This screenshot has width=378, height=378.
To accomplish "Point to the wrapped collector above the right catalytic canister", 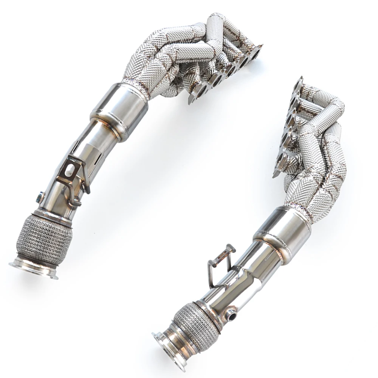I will click(310, 197).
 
